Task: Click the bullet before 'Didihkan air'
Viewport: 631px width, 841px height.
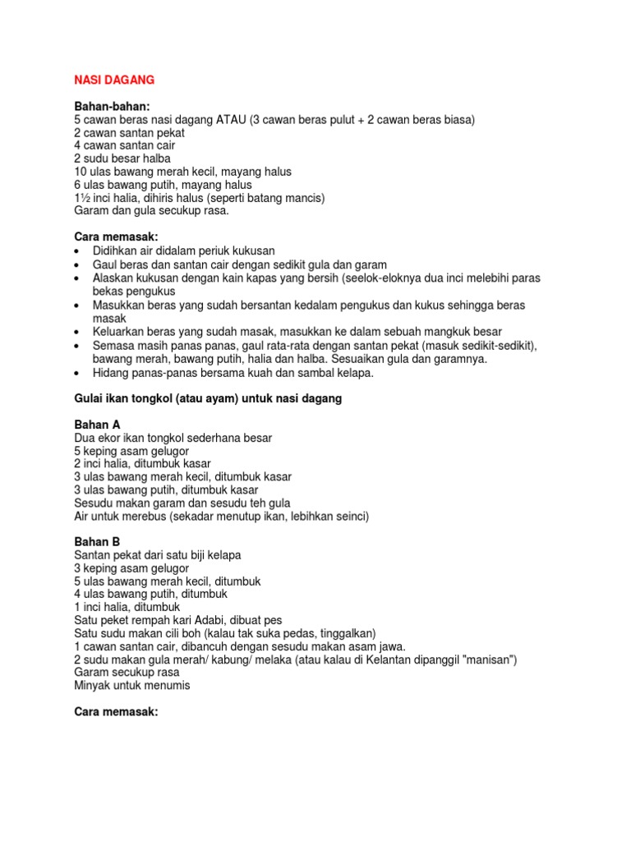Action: (x=77, y=250)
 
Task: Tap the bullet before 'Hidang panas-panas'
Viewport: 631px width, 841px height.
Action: (x=77, y=372)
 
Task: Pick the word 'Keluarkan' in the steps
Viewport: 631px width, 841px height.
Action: (x=118, y=332)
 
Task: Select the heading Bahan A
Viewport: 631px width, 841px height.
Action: (x=97, y=425)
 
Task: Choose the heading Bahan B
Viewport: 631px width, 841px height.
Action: (x=97, y=542)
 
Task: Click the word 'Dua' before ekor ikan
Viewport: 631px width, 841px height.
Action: (x=85, y=438)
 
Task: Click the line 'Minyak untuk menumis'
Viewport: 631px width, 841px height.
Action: (x=131, y=686)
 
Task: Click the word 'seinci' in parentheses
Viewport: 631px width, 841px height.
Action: (x=348, y=517)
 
